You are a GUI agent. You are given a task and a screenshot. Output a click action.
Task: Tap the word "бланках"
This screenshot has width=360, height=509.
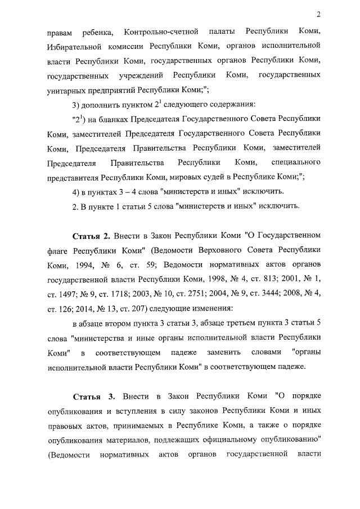click(113, 120)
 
